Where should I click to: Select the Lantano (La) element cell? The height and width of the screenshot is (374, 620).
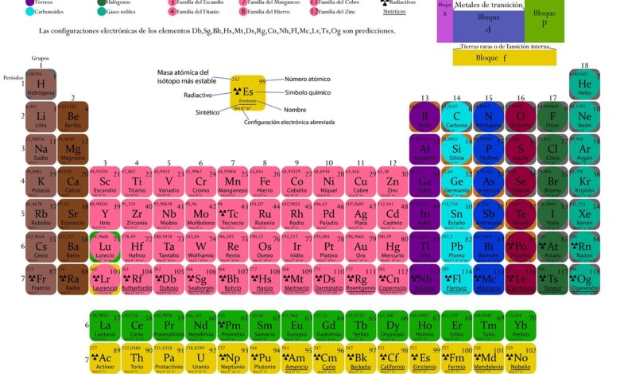104,326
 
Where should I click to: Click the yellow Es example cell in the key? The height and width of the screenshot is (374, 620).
247,94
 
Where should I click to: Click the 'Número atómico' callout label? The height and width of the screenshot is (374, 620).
308,80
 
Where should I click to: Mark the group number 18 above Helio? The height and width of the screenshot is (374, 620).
584,65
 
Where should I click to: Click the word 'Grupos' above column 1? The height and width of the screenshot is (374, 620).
41,58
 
